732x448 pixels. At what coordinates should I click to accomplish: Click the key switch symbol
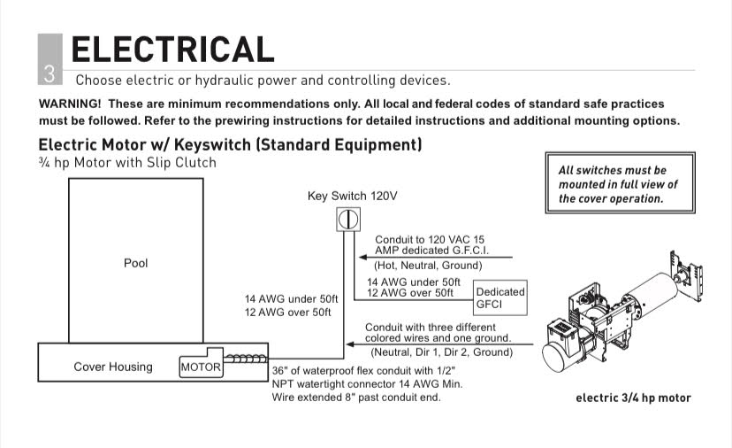[x=348, y=220]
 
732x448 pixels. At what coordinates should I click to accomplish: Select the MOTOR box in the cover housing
[x=202, y=367]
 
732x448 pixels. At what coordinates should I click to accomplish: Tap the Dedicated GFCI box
[x=500, y=297]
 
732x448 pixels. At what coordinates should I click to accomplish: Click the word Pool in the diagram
[x=136, y=263]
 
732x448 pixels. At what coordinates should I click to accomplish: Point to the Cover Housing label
[x=113, y=367]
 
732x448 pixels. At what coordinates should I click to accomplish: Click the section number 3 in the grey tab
[x=50, y=73]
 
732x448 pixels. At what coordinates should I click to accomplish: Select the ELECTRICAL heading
[x=172, y=50]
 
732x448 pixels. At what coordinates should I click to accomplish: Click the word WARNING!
[x=70, y=104]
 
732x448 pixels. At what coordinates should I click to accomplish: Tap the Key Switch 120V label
[x=353, y=196]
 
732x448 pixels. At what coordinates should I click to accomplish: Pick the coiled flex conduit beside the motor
[x=246, y=359]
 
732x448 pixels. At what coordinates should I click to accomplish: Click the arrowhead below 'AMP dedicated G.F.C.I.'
[x=362, y=258]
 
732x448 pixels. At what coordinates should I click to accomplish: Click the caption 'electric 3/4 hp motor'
[x=633, y=398]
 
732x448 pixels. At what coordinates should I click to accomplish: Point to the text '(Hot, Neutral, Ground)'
[x=428, y=266]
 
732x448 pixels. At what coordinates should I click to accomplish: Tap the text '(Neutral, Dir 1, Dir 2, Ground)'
[x=442, y=352]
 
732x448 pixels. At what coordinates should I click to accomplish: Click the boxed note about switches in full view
[x=621, y=183]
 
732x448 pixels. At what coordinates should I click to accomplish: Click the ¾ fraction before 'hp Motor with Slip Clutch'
[x=44, y=162]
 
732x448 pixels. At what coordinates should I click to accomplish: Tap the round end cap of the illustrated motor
[x=554, y=358]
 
